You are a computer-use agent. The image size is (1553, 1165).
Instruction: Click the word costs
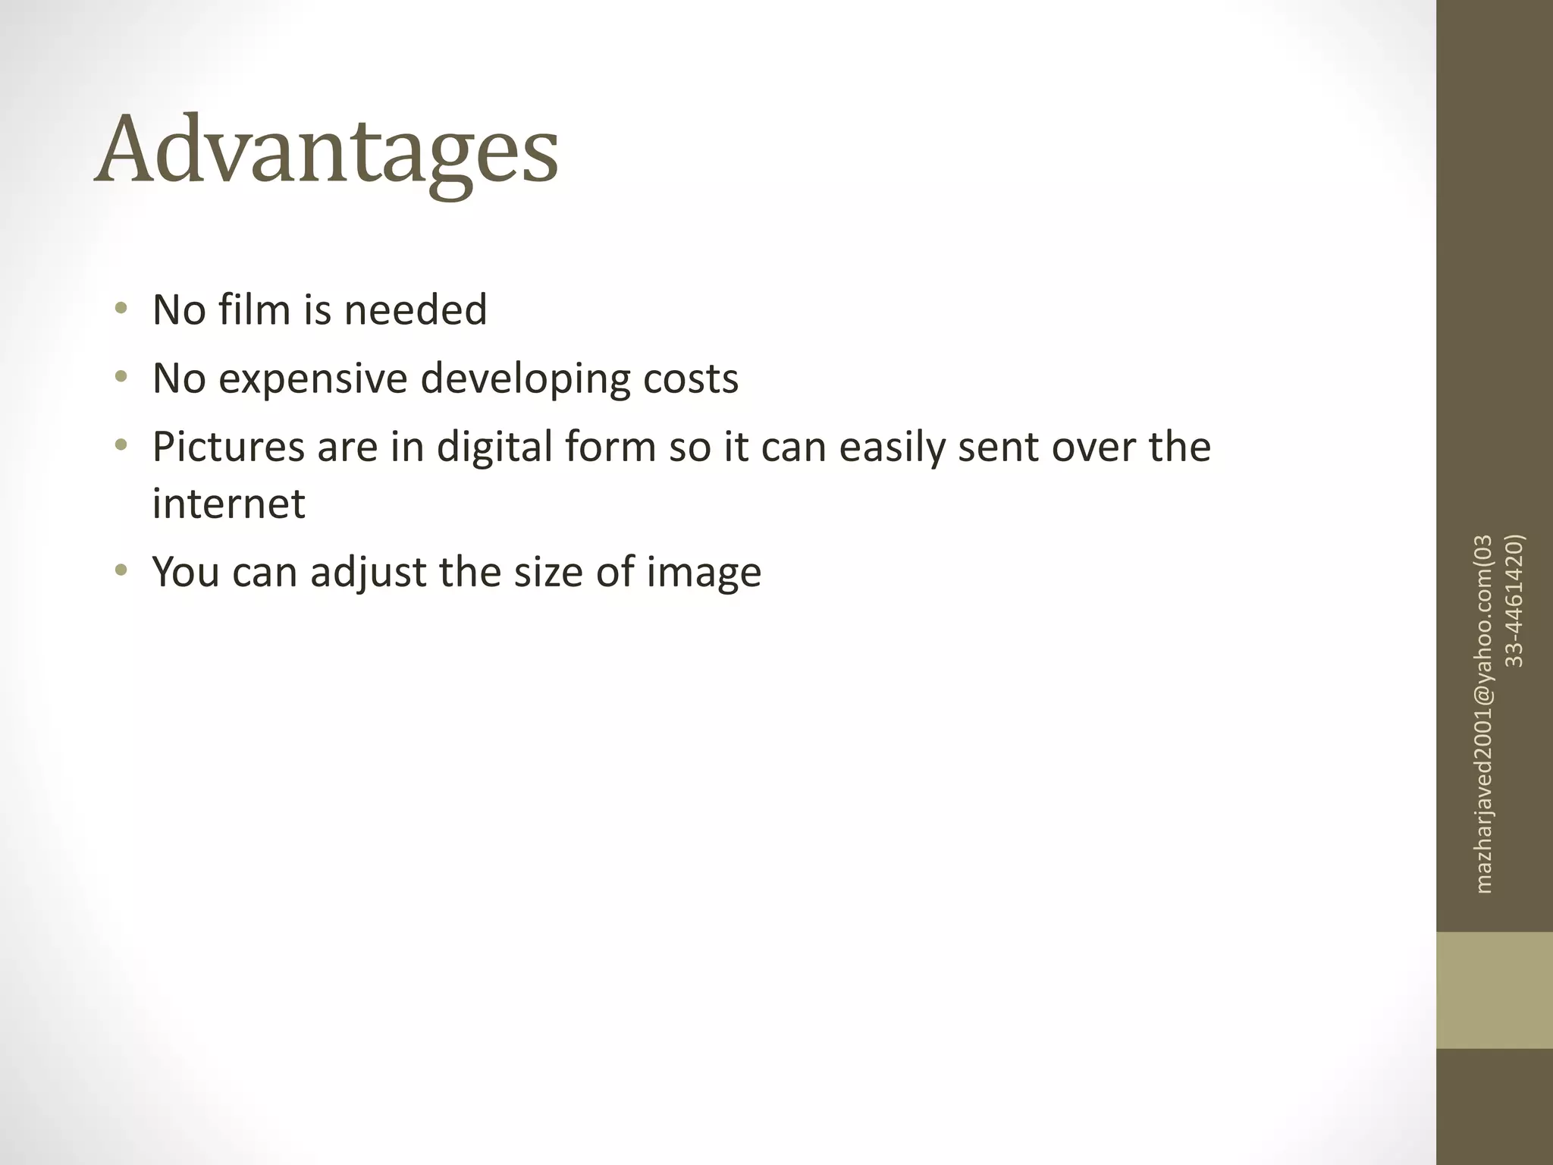(690, 378)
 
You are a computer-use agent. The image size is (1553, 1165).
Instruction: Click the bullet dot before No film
(121, 309)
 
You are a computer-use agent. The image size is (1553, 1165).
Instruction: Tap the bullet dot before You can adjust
(121, 571)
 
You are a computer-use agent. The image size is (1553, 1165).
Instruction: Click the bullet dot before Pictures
(121, 446)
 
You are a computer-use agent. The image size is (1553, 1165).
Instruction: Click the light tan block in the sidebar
(1494, 990)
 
